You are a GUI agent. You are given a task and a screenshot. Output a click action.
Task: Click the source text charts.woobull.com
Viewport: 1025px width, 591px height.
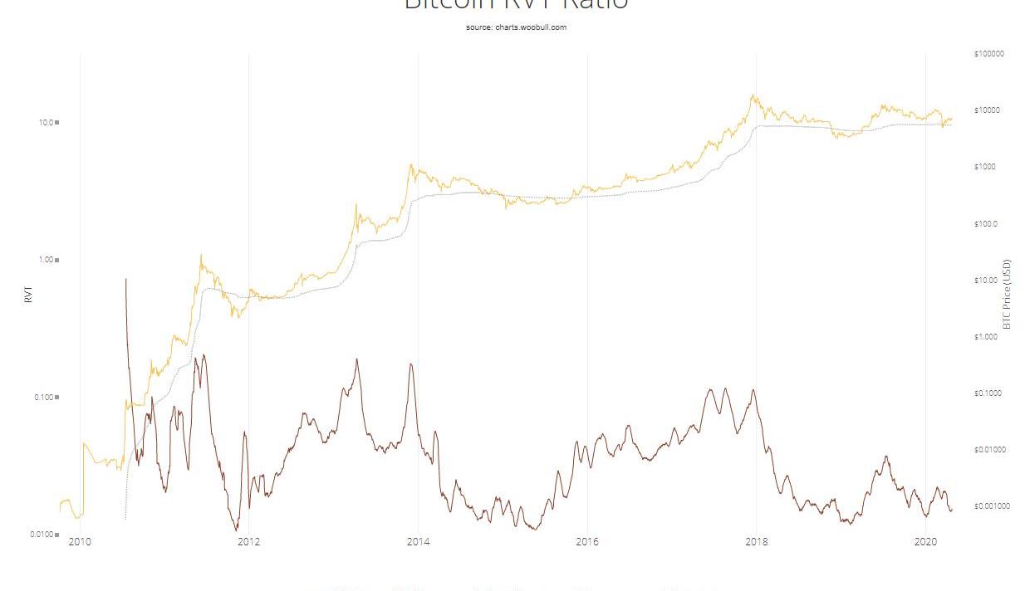pyautogui.click(x=516, y=27)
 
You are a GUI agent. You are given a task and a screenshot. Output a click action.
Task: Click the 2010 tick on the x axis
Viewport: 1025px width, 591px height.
pyautogui.click(x=80, y=543)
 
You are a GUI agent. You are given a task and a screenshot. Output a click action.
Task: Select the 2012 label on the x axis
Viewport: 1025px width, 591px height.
pyautogui.click(x=248, y=543)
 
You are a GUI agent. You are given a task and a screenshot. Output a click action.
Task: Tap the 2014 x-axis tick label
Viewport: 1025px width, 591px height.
pyautogui.click(x=418, y=543)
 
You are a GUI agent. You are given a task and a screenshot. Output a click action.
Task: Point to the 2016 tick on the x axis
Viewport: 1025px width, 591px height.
pyautogui.click(x=587, y=543)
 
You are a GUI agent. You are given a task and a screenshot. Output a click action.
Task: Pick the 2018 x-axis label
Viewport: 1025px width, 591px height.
pyautogui.click(x=757, y=543)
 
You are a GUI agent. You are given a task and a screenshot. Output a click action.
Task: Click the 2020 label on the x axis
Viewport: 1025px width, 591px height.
pyautogui.click(x=925, y=543)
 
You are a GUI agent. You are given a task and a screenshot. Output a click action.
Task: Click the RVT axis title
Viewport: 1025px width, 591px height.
pyautogui.click(x=29, y=295)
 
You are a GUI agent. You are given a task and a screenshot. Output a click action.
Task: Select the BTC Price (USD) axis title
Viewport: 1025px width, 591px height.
pyautogui.click(x=1007, y=295)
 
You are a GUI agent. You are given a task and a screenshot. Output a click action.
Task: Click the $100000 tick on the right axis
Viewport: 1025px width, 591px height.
pyautogui.click(x=988, y=54)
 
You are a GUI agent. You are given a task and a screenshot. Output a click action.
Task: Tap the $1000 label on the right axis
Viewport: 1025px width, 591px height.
pyautogui.click(x=985, y=167)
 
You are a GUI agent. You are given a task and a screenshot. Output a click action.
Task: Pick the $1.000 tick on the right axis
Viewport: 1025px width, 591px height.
pyautogui.click(x=985, y=337)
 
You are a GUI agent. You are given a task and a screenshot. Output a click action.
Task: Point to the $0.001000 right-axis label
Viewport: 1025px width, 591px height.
pyautogui.click(x=992, y=506)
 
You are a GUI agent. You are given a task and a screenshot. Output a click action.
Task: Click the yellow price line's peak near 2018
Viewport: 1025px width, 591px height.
pyautogui.click(x=753, y=95)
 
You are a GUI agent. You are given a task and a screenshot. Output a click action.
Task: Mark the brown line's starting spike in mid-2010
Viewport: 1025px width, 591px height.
pyautogui.click(x=125, y=280)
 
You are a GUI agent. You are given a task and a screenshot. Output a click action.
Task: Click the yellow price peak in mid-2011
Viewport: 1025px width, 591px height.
pyautogui.click(x=201, y=255)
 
